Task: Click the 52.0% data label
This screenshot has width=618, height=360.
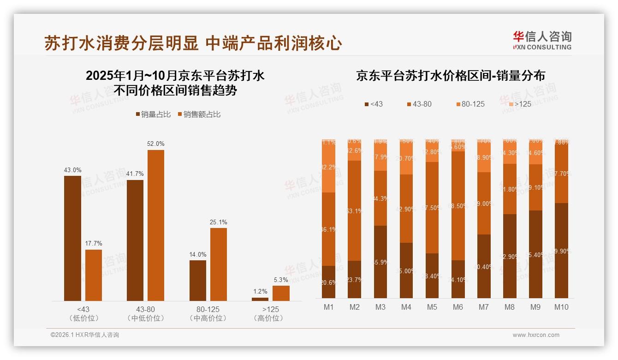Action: (156, 144)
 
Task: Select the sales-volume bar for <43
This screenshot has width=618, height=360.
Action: (72, 238)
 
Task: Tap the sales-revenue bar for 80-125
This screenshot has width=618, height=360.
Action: (219, 264)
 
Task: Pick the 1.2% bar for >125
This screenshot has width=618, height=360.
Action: (260, 299)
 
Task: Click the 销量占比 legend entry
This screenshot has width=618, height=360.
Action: (154, 114)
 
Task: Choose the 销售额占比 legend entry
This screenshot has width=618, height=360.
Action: (199, 114)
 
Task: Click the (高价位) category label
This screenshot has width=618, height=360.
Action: (268, 318)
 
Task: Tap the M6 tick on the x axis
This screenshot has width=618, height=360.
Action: (458, 307)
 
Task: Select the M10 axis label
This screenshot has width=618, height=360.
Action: (561, 307)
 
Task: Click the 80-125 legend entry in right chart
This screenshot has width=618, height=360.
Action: (470, 104)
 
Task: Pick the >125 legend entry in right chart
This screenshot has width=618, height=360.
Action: (519, 104)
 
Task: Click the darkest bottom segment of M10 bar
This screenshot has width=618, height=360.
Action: (561, 251)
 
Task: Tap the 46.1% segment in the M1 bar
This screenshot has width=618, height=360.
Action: (329, 229)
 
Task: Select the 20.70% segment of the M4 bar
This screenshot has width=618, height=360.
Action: (406, 158)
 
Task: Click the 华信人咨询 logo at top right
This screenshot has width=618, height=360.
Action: (542, 40)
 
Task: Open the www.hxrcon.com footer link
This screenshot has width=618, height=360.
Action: (536, 335)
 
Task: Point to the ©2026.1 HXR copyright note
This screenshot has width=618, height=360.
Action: (85, 335)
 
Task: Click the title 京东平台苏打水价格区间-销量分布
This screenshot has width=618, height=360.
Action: (450, 76)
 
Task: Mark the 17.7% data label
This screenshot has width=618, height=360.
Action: (94, 243)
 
